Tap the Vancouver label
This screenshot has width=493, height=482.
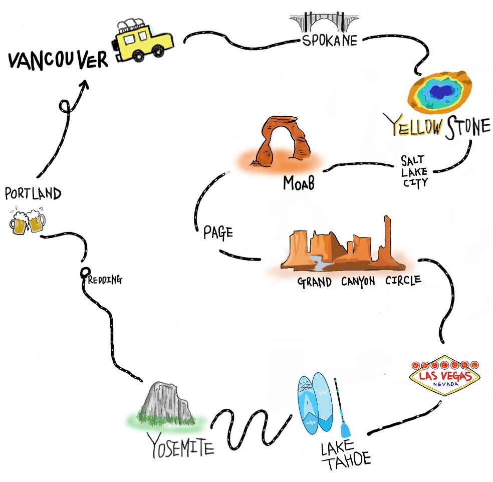(58, 61)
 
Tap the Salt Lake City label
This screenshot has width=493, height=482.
(414, 171)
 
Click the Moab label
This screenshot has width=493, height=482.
(299, 184)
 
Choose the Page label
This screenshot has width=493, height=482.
(218, 233)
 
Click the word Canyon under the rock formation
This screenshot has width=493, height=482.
(358, 282)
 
